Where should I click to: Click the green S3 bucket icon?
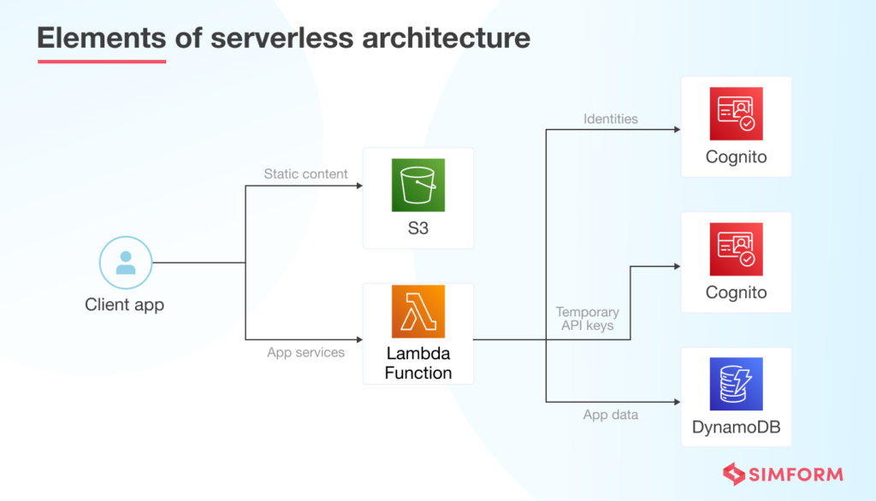(418, 185)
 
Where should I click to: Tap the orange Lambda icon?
(418, 311)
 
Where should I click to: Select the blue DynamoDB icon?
(736, 384)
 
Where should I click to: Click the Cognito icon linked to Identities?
(736, 114)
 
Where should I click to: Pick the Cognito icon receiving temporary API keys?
(736, 249)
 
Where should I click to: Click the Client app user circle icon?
(125, 262)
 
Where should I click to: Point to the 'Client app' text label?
(125, 304)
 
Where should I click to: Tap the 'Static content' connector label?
(305, 174)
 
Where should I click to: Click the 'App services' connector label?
(305, 352)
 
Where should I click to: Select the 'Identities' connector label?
(610, 119)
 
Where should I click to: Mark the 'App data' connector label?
(610, 415)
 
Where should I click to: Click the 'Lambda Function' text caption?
(418, 363)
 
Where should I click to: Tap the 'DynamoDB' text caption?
(736, 427)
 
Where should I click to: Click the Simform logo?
(782, 474)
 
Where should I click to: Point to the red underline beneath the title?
(102, 62)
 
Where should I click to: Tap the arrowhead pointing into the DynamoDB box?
(677, 402)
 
